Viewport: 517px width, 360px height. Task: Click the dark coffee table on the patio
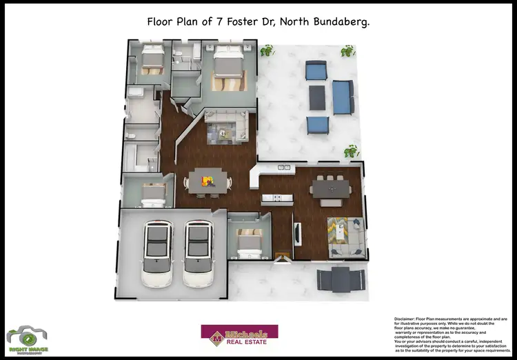coord(317,97)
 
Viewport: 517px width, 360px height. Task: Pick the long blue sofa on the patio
coord(342,97)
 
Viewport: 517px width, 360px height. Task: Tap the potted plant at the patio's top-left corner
coord(266,50)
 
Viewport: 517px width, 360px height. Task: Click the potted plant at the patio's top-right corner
coord(348,50)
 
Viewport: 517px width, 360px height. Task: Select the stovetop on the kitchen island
coord(277,199)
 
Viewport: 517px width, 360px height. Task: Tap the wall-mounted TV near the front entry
coord(297,232)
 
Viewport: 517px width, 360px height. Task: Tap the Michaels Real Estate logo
coord(239,334)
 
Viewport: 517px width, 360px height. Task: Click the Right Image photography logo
coord(27,337)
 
